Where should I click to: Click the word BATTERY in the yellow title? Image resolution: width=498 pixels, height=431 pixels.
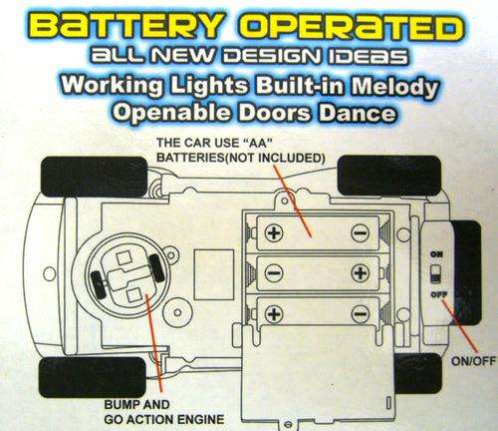(127, 26)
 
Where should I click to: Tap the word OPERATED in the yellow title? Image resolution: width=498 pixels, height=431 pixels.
(352, 26)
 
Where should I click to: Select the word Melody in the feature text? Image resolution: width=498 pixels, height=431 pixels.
(394, 87)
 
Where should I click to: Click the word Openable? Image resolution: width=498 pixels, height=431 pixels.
(172, 113)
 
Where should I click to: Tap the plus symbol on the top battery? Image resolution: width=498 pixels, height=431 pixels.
(274, 232)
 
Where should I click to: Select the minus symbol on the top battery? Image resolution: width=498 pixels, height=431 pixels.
(361, 232)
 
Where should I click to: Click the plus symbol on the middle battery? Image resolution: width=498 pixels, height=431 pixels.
(361, 273)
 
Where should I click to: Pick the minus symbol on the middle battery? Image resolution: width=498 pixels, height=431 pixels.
(274, 273)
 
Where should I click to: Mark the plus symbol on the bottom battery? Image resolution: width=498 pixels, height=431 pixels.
(274, 313)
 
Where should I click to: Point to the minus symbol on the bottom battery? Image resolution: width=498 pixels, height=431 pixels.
(361, 313)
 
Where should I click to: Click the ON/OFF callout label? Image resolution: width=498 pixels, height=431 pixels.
(473, 361)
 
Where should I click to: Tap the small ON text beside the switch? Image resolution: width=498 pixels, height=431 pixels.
(436, 254)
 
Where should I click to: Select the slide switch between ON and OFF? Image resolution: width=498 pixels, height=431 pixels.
(436, 274)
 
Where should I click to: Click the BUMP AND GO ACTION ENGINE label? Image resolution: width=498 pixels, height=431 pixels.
(164, 412)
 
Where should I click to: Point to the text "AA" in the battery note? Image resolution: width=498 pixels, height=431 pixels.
(258, 143)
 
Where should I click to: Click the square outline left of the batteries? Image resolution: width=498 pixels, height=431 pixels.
(214, 274)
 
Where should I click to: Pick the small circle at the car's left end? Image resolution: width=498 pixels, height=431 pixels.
(50, 273)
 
